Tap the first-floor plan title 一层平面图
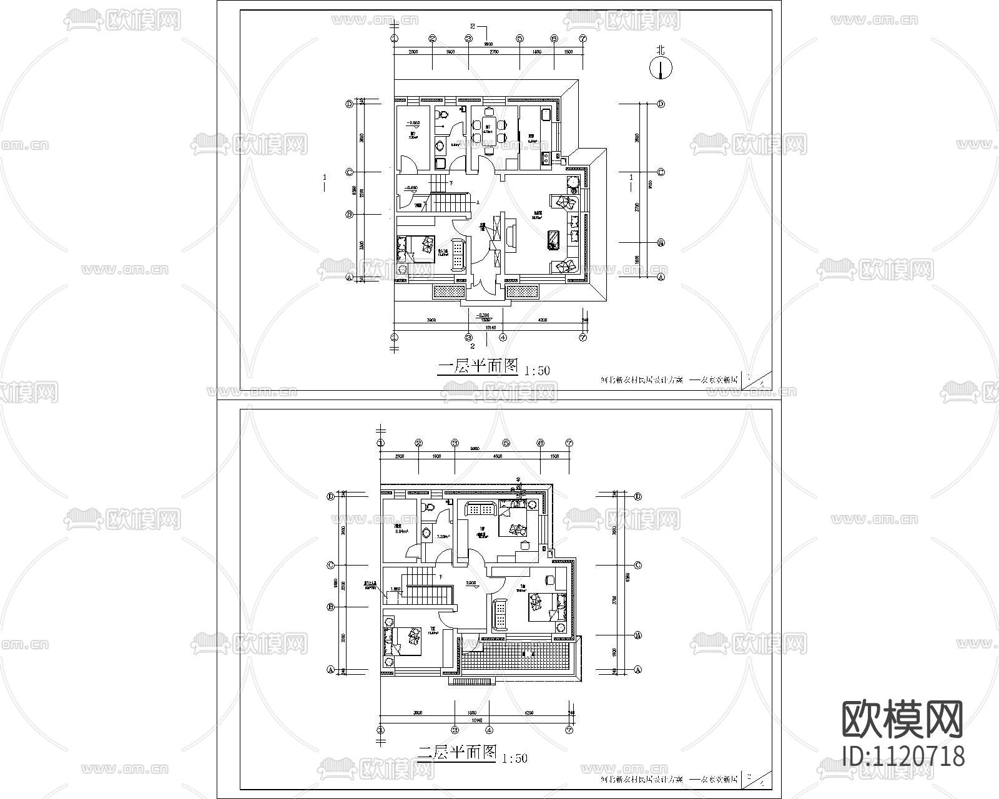point(479,367)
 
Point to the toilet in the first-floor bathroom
point(443,115)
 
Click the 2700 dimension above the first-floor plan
point(493,53)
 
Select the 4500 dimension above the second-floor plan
point(498,456)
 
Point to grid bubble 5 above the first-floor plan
point(519,39)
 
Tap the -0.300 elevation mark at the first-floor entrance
point(481,315)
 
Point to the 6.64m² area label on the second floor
point(400,532)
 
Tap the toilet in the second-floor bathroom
point(429,507)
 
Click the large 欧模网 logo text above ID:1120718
point(903,718)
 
